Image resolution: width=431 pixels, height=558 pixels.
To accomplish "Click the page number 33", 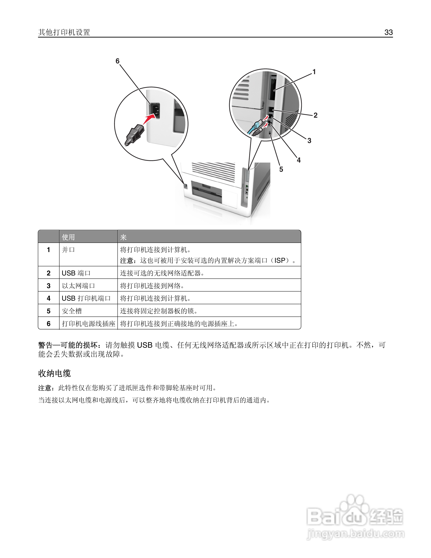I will [388, 32].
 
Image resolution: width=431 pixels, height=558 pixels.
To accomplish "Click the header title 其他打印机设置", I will [64, 32].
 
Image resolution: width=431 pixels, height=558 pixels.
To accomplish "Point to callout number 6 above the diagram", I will [117, 61].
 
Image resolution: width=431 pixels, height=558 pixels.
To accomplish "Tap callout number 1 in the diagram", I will [314, 72].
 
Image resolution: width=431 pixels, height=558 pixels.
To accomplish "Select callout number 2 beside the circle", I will [316, 115].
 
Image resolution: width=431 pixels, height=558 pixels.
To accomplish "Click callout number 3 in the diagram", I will [309, 141].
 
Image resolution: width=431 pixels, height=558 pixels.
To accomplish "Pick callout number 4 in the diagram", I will [298, 160].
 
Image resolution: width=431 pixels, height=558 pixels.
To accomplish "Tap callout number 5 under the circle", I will [281, 169].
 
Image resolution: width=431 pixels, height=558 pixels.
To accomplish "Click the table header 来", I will [123, 237].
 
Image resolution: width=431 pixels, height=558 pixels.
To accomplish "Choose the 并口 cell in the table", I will [68, 250].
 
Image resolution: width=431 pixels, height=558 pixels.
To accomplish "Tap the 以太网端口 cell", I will [78, 286].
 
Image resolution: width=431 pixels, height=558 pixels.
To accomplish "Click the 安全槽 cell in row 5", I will [72, 311].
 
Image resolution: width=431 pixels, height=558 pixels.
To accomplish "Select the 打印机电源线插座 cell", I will [89, 324].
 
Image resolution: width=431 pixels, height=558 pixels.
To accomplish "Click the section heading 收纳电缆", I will [54, 373].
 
